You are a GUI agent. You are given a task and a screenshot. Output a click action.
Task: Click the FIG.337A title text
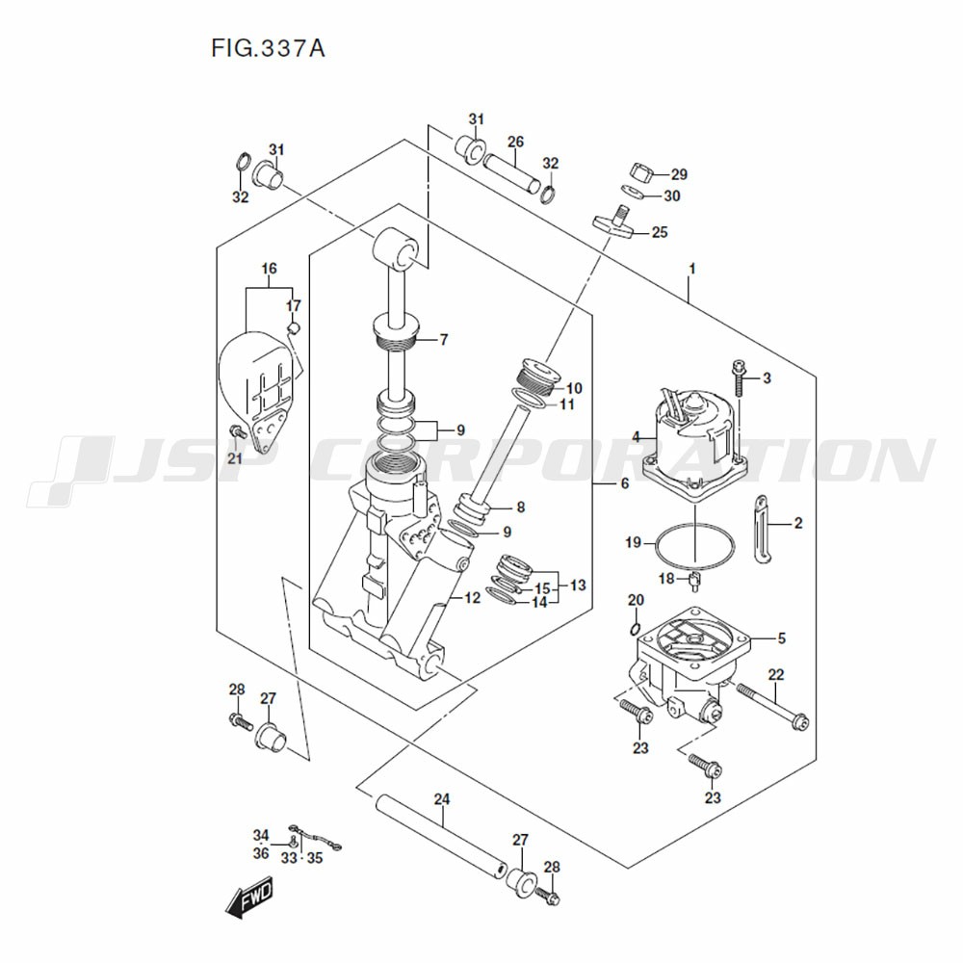[x=267, y=47]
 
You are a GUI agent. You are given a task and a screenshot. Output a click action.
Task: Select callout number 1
[x=691, y=267]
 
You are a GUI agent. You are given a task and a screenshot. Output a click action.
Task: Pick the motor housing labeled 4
[x=695, y=443]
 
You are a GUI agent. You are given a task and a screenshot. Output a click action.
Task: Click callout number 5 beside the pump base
[x=781, y=637]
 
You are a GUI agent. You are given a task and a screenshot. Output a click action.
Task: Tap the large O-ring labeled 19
[x=693, y=545]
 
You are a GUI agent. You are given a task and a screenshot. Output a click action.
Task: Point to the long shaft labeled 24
[x=439, y=836]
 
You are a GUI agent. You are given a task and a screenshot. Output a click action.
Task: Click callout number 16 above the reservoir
[x=269, y=268]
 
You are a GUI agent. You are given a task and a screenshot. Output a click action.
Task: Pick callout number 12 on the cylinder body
[x=472, y=598]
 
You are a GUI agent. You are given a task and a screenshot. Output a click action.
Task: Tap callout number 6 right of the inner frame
[x=624, y=483]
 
